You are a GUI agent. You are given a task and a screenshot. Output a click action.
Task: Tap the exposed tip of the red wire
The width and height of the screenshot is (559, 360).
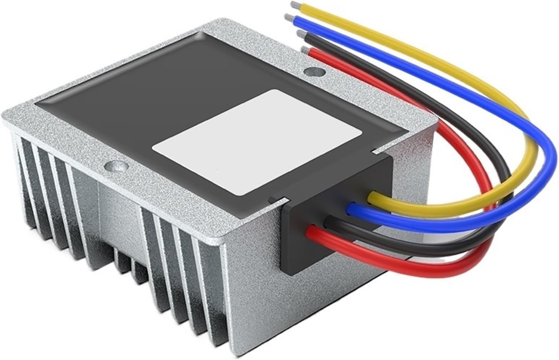(304, 49)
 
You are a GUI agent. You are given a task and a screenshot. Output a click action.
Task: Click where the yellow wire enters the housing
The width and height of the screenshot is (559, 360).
(372, 197)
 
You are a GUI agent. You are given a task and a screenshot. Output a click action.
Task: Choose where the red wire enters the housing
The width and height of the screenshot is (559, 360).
(311, 233)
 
